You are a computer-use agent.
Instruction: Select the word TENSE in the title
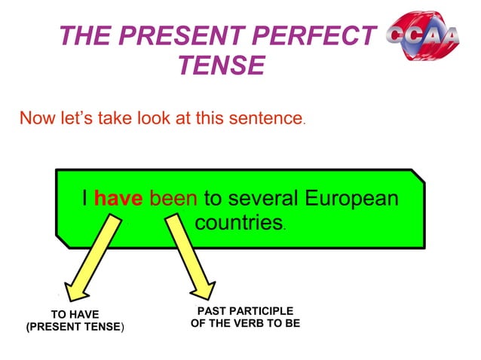(x=221, y=67)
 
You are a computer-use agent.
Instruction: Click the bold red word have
(x=119, y=199)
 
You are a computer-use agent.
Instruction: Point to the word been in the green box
(x=174, y=199)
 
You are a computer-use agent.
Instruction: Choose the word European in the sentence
(x=351, y=199)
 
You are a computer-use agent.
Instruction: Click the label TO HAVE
(x=74, y=314)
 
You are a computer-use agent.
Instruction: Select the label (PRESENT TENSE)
(x=75, y=327)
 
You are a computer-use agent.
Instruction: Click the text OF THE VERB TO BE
(x=244, y=324)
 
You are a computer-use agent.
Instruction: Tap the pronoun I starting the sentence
(x=86, y=199)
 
